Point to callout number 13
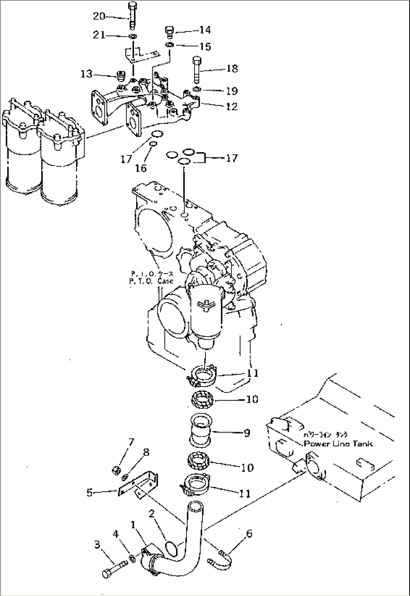coord(86,74)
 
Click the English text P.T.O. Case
coord(152,281)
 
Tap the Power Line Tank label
coord(338,443)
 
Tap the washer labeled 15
coord(170,45)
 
